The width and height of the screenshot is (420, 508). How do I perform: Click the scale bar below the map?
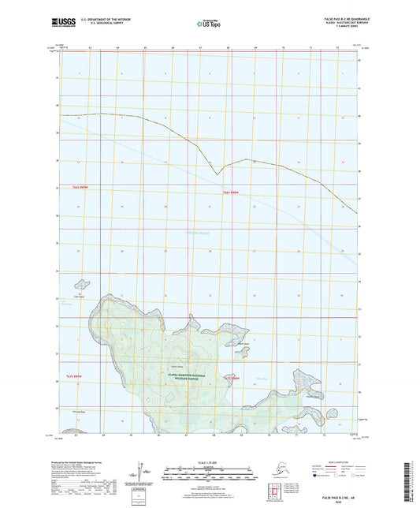208,474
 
